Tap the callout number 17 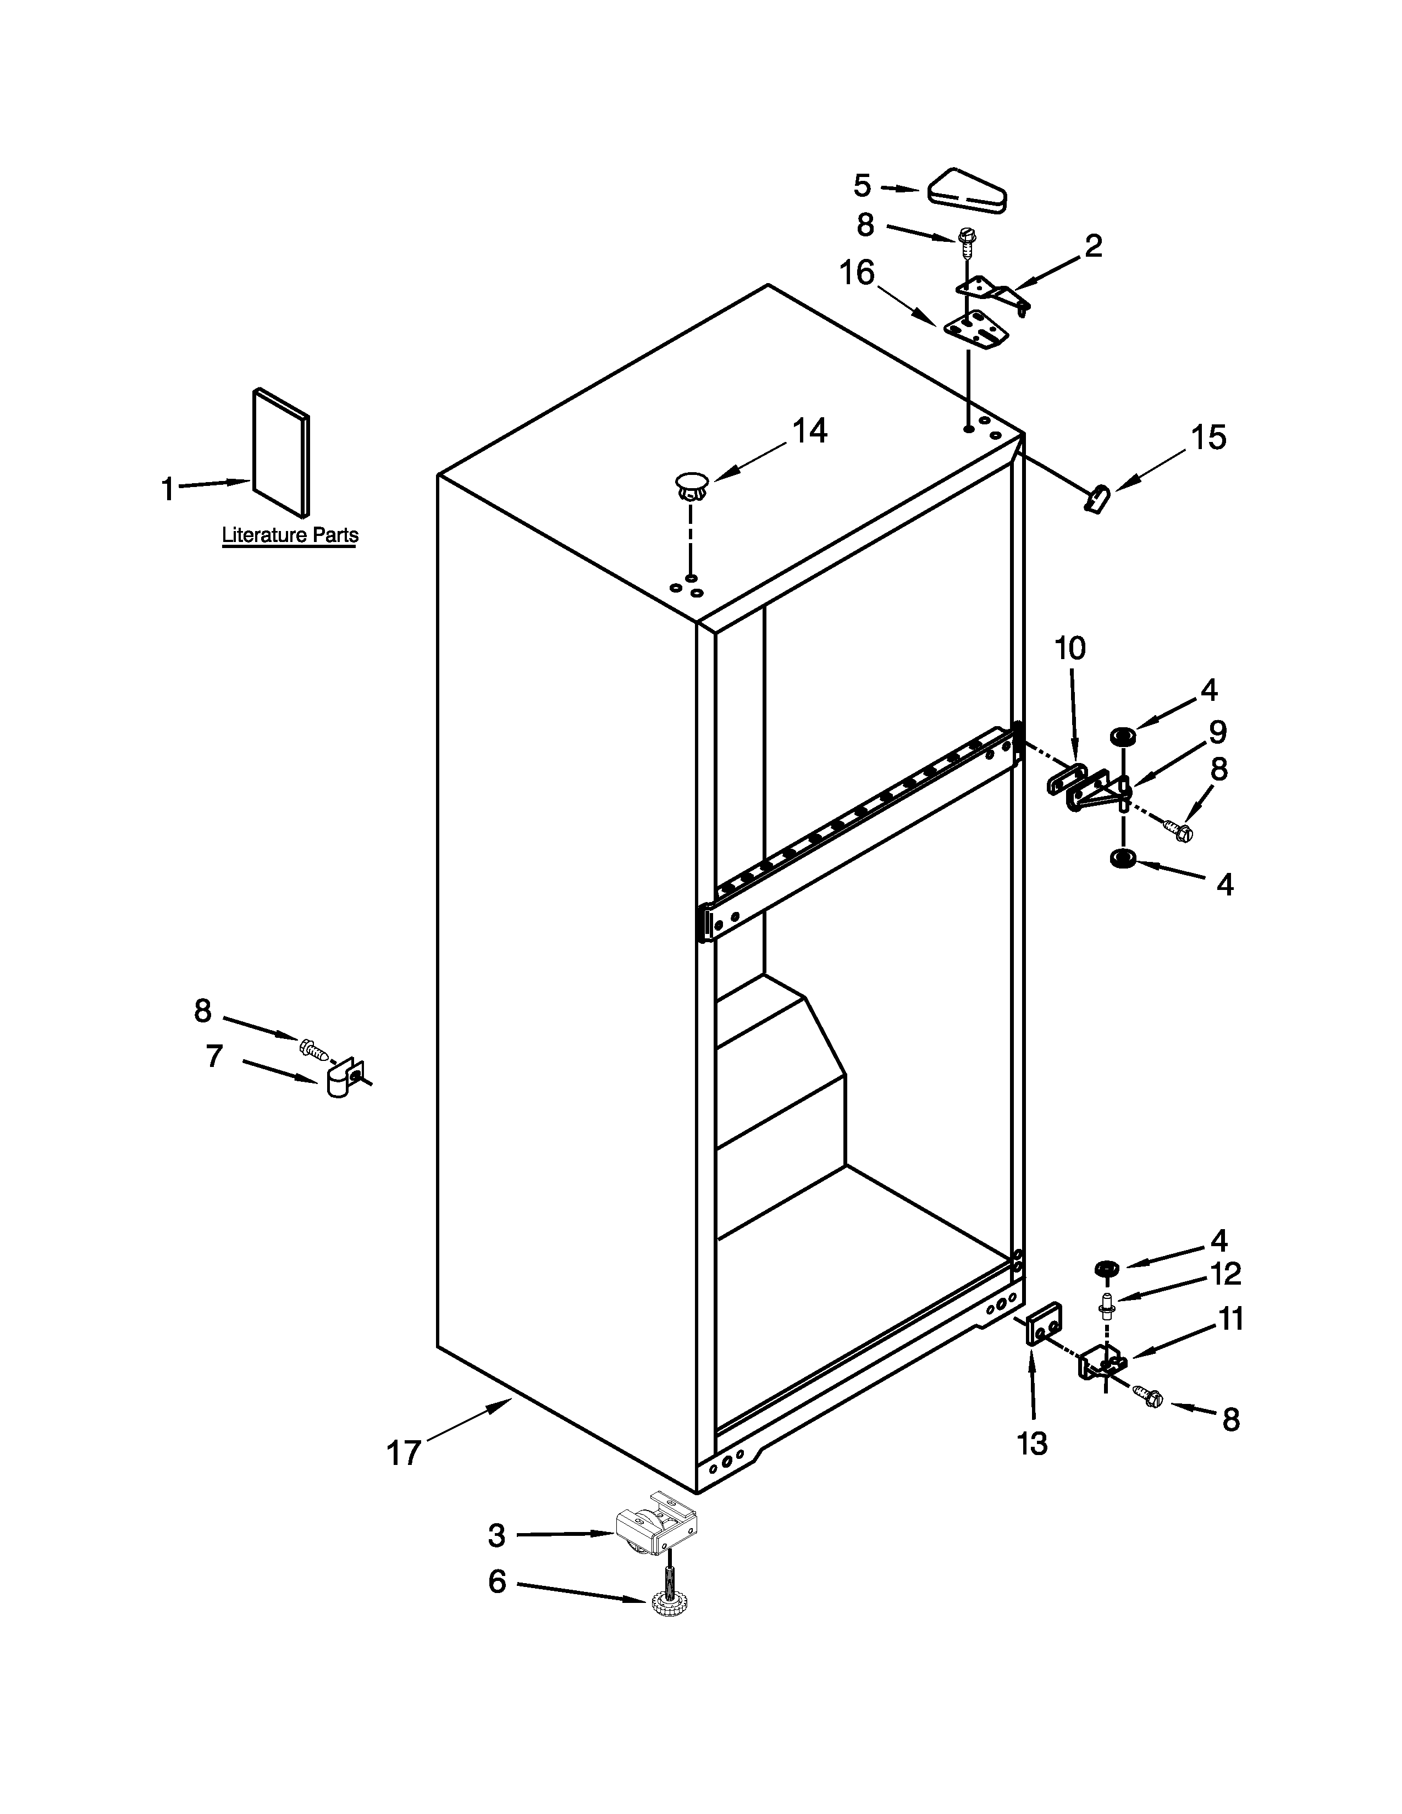tap(404, 1453)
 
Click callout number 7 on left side tap(214, 1057)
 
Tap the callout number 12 tap(1225, 1273)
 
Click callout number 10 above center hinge tap(1070, 648)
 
